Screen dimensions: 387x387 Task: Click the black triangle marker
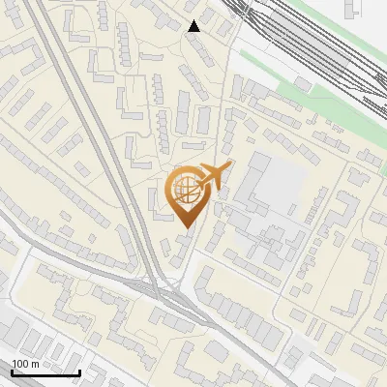(194, 26)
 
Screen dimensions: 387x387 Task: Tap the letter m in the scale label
(36, 363)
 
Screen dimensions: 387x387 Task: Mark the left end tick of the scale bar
(12, 371)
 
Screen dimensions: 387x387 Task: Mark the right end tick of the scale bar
(79, 371)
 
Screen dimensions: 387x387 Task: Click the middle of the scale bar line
(45, 372)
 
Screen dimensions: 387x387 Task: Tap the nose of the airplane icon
(228, 168)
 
